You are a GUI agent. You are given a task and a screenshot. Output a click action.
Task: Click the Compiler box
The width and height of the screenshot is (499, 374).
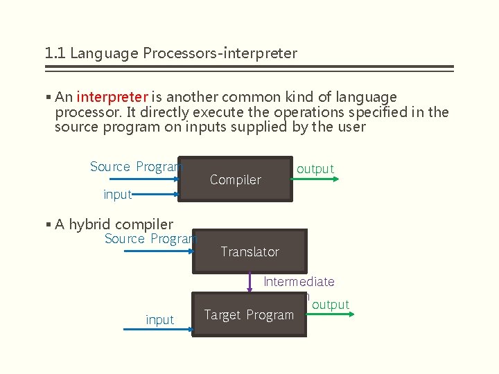point(235,179)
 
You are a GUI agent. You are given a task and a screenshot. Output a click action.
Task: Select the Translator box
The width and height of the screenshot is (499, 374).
point(249,251)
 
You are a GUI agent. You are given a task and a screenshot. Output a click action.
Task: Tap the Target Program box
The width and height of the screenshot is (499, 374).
point(249,315)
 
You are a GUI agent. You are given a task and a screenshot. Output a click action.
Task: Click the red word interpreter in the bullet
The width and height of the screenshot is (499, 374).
point(112,97)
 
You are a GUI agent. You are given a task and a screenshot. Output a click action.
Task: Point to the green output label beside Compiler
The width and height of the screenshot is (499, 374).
point(315,169)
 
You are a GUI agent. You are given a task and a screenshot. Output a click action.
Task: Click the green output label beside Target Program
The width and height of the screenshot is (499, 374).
point(331,305)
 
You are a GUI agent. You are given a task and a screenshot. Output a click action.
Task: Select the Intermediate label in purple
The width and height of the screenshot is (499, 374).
point(299,282)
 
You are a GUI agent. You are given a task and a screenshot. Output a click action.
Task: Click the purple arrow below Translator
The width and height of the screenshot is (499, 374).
point(249,283)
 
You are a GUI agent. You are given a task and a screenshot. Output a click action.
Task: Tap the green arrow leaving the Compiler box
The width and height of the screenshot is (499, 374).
point(315,179)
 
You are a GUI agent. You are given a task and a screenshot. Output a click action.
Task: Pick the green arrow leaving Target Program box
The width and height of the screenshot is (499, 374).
point(329,315)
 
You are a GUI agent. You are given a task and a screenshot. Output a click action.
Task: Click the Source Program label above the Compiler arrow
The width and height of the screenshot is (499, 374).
point(136,167)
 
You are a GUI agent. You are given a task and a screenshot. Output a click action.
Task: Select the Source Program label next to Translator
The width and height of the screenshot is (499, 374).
point(150,239)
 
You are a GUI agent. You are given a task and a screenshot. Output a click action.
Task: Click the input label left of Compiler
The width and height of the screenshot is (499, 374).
point(117,195)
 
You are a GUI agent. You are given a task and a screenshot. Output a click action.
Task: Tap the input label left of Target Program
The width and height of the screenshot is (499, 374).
point(159,320)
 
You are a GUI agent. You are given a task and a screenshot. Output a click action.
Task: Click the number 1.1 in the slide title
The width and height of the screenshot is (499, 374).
point(55,53)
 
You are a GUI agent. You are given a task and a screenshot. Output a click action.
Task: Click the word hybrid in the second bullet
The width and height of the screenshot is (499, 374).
point(89,224)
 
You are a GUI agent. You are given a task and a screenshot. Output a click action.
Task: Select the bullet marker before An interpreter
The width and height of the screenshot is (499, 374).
point(48,98)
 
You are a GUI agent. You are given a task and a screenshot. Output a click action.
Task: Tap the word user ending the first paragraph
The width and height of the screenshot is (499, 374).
point(351,127)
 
